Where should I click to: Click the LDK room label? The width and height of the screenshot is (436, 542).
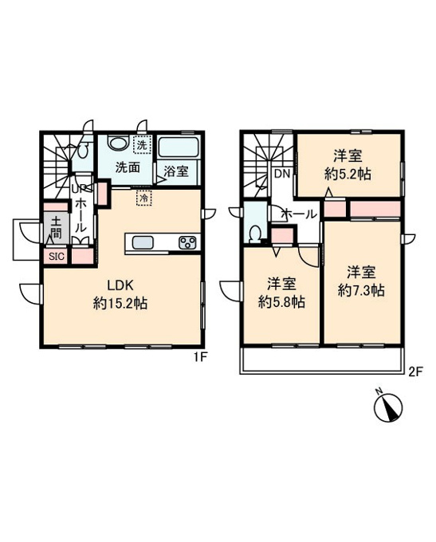[x=120, y=286]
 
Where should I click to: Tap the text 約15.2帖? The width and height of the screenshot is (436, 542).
[x=120, y=304]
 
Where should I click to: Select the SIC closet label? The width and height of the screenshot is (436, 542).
[x=56, y=257]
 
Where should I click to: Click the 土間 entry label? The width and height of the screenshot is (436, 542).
[x=57, y=228]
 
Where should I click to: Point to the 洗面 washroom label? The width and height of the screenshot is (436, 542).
[x=128, y=167]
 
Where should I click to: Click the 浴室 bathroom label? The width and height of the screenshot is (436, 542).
[x=176, y=171]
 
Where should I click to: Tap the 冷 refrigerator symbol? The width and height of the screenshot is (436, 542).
[x=144, y=198]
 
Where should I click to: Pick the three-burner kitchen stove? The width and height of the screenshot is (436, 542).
[x=187, y=242]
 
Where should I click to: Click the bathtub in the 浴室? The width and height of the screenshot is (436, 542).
[x=178, y=148]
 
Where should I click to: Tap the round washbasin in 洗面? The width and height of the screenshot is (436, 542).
[x=117, y=143]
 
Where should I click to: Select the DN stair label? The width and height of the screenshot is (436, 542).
[x=282, y=174]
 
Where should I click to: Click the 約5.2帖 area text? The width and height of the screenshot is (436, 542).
[x=348, y=175]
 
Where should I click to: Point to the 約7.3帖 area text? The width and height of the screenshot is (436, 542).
[x=361, y=291]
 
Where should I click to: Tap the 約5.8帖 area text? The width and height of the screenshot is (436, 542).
[x=281, y=302]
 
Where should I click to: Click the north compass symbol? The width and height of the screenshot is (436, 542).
[x=388, y=407]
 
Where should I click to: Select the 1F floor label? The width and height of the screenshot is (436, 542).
[x=200, y=358]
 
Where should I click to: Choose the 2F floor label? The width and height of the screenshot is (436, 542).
[x=415, y=372]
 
